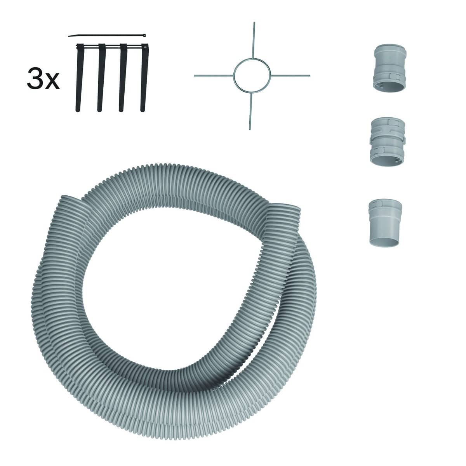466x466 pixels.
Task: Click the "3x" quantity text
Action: click(x=43, y=78)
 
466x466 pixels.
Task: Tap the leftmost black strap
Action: click(x=79, y=78)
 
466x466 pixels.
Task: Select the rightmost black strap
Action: click(x=144, y=78)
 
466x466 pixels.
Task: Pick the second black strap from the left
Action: click(x=101, y=78)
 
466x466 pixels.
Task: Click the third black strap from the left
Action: click(x=123, y=78)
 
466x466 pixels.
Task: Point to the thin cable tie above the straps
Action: click(x=107, y=36)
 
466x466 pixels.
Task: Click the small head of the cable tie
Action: click(x=144, y=35)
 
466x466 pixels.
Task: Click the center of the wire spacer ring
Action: click(x=252, y=75)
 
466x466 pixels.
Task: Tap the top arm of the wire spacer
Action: click(x=253, y=40)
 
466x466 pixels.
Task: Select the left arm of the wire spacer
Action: click(x=214, y=76)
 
